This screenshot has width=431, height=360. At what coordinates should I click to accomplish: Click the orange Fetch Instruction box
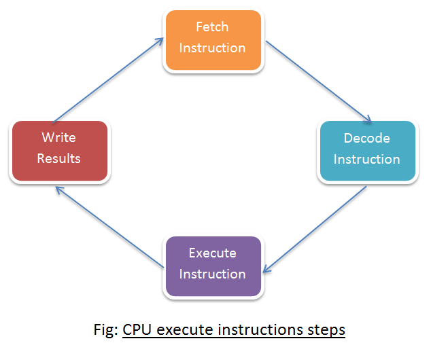(212, 39)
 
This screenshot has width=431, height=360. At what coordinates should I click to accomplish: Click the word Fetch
(212, 27)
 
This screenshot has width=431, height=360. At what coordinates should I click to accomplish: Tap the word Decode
(366, 139)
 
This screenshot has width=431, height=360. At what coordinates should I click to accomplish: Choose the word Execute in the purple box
(212, 253)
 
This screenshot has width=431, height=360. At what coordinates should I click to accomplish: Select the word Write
(58, 138)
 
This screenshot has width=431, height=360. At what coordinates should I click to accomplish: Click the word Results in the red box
(58, 159)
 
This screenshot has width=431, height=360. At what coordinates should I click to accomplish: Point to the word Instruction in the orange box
(212, 48)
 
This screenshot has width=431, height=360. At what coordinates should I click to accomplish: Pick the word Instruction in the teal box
(366, 160)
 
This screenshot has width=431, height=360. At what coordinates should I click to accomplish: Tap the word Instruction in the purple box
(212, 274)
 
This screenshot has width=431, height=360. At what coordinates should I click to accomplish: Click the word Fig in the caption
(105, 331)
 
